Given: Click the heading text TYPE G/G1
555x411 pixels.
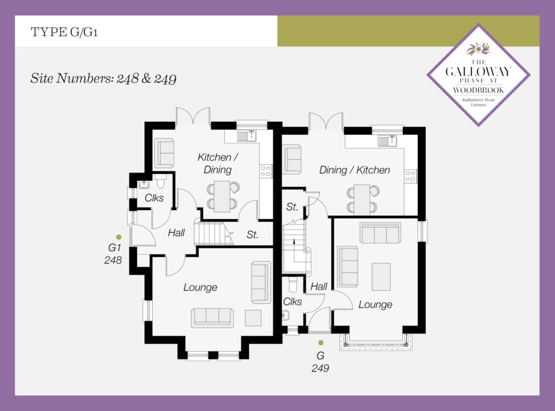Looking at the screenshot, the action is point(64,32).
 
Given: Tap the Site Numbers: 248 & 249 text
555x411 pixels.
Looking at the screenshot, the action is point(103,78).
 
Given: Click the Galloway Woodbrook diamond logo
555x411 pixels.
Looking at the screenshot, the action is point(478,75).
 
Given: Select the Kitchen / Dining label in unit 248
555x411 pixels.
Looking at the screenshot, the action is point(218,163).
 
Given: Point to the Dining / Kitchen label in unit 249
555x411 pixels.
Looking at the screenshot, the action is point(354,170).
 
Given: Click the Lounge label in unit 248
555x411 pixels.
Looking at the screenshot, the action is point(200,287).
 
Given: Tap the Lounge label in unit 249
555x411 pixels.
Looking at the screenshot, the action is point(376,305).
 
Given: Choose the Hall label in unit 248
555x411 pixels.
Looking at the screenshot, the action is point(176,233).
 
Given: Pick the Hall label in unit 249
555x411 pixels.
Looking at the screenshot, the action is point(319,287).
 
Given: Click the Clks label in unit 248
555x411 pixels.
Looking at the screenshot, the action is point(154,197).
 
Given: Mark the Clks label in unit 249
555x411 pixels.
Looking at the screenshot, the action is point(292,302).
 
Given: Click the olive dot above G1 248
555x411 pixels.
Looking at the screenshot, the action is point(119,237).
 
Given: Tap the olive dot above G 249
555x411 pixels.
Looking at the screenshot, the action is point(321,343).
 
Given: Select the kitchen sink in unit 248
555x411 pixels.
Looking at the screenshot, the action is point(247,136).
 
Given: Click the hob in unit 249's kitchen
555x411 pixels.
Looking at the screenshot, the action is point(411,176).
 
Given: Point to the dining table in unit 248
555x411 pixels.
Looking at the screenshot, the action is point(222,196).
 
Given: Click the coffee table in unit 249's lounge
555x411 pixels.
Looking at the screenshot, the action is point(381,277).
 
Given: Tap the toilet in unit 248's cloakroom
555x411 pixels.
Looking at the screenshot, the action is point(160,181).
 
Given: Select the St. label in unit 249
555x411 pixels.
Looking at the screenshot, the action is point(292,207).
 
